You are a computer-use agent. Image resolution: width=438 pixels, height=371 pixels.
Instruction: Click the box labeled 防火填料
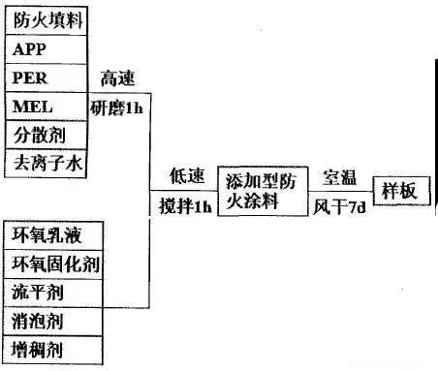click(x=47, y=20)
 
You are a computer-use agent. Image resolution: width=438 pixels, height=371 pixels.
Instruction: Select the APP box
click(x=47, y=49)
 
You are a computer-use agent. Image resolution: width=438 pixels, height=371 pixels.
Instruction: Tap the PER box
click(x=47, y=78)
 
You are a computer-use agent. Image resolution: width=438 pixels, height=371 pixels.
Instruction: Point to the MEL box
click(x=47, y=107)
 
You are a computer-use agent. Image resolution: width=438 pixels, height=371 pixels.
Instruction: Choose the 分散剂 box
click(x=47, y=135)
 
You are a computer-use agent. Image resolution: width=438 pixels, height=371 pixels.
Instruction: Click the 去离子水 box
click(x=47, y=164)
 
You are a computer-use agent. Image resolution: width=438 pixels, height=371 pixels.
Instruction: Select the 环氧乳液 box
click(x=53, y=235)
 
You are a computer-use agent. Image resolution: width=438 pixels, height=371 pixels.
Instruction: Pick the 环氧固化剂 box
click(x=53, y=264)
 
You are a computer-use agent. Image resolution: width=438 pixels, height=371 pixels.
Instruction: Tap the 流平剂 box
click(x=53, y=294)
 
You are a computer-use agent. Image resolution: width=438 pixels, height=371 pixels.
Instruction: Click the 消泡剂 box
click(x=53, y=322)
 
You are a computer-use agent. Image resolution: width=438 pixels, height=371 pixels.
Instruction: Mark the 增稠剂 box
click(x=53, y=350)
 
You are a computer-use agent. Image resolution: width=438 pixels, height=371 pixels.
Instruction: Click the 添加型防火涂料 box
click(x=263, y=191)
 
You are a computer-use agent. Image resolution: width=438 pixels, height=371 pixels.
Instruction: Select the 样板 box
click(x=402, y=191)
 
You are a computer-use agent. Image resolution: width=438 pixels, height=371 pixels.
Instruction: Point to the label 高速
click(x=117, y=78)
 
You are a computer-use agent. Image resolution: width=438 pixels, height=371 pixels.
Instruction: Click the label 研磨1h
click(x=116, y=108)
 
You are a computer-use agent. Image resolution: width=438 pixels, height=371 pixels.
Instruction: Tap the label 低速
click(x=187, y=176)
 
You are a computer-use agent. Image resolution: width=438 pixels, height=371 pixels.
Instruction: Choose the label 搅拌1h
click(x=185, y=205)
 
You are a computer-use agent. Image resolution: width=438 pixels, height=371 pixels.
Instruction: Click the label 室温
click(x=340, y=177)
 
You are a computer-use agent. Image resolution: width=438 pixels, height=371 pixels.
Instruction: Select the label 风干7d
click(x=340, y=206)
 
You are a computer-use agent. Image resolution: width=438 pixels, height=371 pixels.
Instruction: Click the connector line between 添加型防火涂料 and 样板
click(x=341, y=191)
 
